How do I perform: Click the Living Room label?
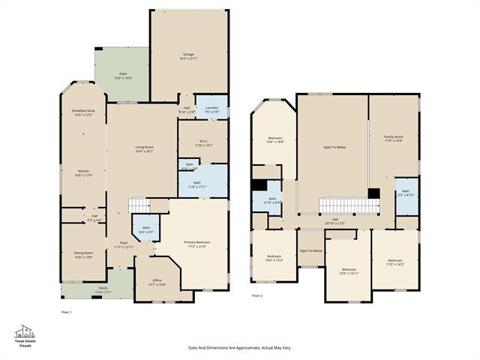[144, 148]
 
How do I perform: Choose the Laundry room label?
[211, 109]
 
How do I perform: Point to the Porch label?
[103, 290]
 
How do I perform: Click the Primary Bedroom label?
[197, 244]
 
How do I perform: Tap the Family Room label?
[393, 139]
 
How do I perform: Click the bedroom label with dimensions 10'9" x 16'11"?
[349, 271]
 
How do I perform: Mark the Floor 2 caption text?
[257, 296]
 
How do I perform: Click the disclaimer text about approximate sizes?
[240, 348]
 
